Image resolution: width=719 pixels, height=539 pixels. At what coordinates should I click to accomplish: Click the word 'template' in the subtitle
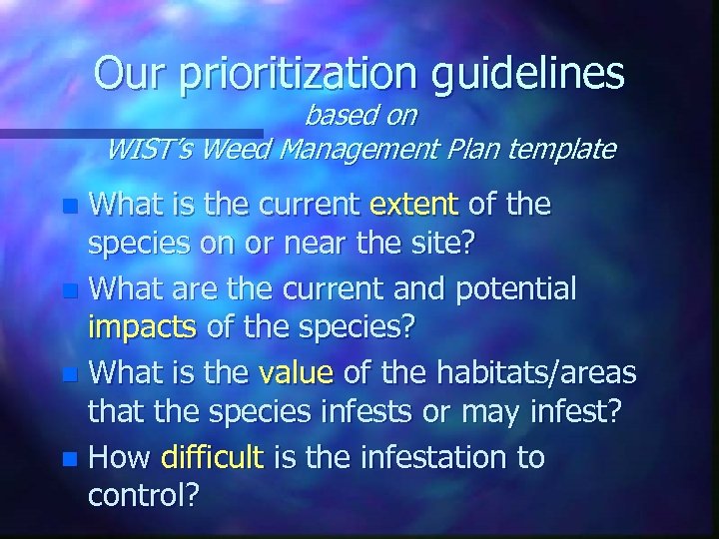(x=562, y=150)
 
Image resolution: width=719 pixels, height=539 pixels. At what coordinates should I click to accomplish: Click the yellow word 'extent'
(x=413, y=206)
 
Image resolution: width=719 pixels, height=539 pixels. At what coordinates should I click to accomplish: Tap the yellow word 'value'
(x=296, y=374)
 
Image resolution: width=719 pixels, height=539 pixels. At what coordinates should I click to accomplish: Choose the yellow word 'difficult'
(x=211, y=458)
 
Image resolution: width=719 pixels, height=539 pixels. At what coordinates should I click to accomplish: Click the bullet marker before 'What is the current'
(x=68, y=207)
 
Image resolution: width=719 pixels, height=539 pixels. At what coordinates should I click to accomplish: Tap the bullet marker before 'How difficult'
(x=68, y=459)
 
